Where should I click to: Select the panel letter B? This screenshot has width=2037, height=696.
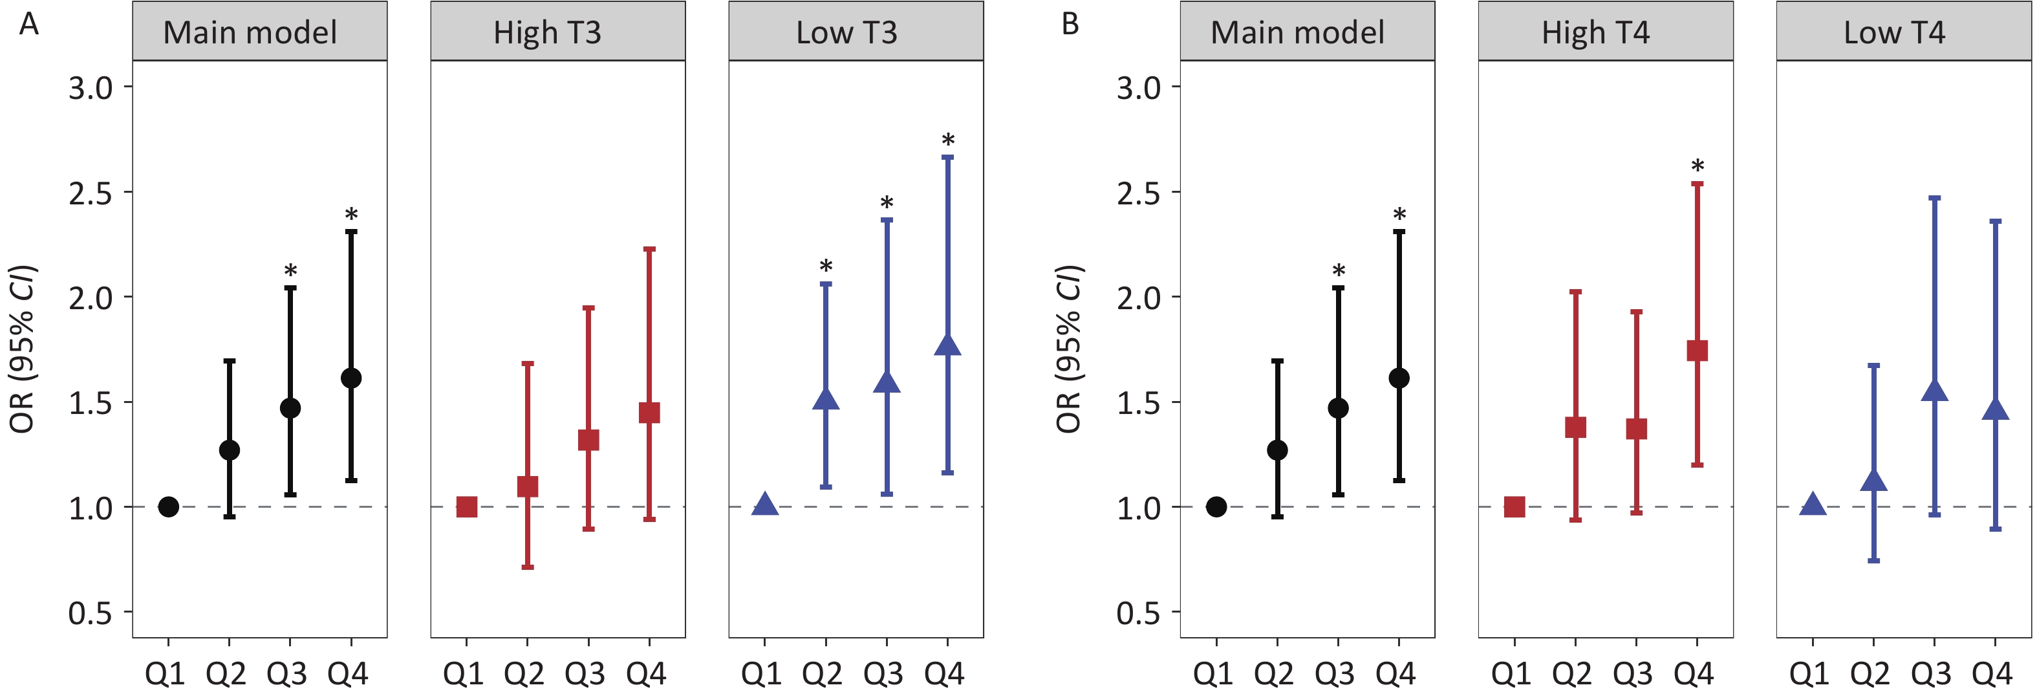point(1070,24)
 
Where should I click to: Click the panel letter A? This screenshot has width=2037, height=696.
point(29,24)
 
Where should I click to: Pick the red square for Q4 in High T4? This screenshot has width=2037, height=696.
point(1697,351)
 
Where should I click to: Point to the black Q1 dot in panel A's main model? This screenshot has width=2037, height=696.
point(168,506)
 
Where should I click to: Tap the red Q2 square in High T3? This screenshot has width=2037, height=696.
point(528,486)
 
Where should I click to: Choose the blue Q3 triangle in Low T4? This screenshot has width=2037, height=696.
point(1934,391)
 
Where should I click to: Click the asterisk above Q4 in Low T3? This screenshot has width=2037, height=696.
point(948,140)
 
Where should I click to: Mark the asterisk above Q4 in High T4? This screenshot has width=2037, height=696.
point(1697,166)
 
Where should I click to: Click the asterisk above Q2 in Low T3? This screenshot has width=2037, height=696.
point(826,266)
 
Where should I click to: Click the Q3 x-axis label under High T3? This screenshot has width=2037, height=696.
point(585,674)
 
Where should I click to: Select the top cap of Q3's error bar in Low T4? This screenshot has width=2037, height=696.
point(1934,198)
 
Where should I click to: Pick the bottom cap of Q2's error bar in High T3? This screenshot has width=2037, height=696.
point(528,567)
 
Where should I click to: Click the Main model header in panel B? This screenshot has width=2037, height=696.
point(1298,32)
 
